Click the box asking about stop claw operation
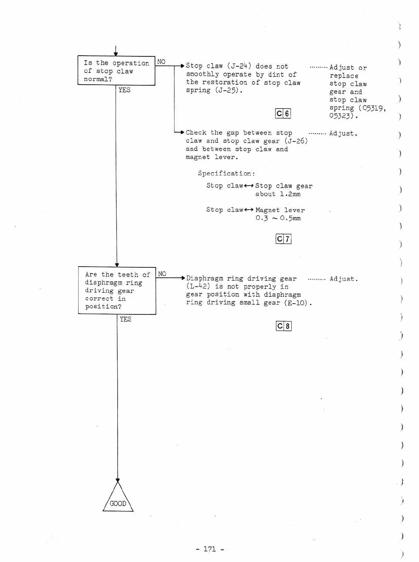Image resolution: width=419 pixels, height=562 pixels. tap(116, 71)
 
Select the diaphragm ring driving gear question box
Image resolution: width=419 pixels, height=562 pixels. tap(117, 290)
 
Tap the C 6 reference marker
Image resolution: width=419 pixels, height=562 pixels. tap(283, 113)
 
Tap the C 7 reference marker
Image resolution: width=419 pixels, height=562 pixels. tap(283, 239)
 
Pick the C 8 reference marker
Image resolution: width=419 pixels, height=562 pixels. tap(283, 326)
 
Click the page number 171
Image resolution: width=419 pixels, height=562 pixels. tap(210, 549)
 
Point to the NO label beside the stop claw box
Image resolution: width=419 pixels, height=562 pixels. tap(161, 62)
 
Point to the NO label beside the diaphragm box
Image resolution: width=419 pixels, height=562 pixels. tap(162, 274)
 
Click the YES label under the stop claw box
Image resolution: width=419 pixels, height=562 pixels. tap(124, 90)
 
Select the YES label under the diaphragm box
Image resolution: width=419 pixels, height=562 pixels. tap(126, 319)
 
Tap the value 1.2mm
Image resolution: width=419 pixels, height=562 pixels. tap(290, 194)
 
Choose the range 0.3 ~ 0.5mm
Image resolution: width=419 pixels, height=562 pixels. tap(278, 218)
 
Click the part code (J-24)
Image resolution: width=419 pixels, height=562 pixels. tap(239, 66)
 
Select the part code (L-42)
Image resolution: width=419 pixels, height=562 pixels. tap(198, 286)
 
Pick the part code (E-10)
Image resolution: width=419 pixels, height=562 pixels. tap(296, 303)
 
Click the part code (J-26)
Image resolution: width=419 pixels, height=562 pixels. tap(296, 141)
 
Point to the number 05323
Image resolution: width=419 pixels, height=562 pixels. tap(341, 116)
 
